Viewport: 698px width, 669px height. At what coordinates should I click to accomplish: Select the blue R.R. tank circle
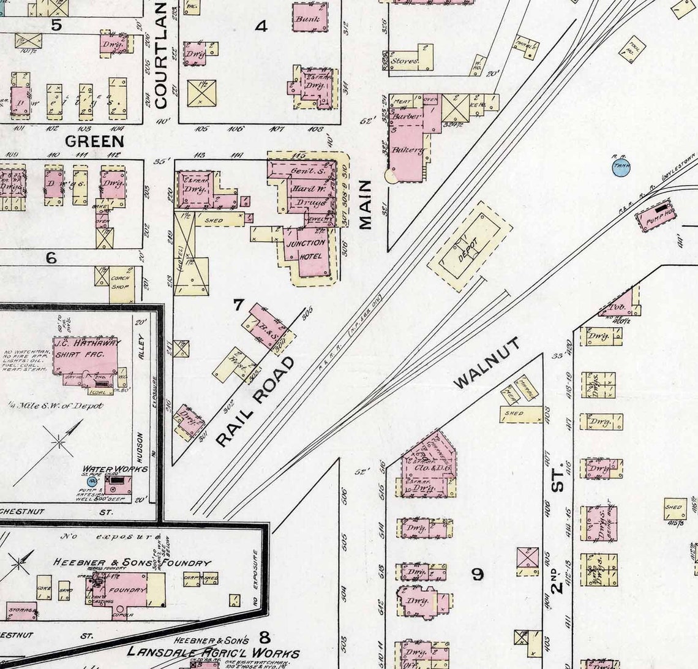click(621, 166)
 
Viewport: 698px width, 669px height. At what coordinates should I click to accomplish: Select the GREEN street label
click(94, 142)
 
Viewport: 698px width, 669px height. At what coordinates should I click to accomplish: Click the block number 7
click(238, 303)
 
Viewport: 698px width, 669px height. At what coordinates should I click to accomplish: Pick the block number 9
click(477, 574)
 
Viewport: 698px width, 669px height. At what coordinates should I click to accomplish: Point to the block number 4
click(261, 26)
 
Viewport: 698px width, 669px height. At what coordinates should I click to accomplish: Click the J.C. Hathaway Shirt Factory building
click(86, 355)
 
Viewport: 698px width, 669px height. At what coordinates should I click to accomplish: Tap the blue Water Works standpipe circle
click(92, 482)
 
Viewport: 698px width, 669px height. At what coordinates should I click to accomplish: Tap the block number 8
click(264, 636)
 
